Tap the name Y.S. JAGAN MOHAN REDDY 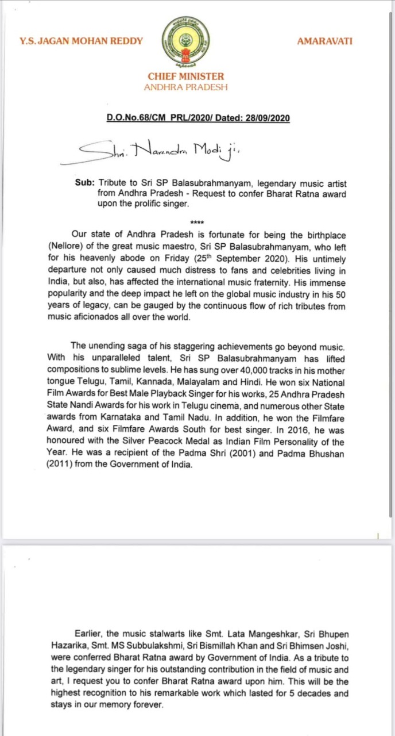(81, 41)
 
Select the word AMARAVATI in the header (325, 41)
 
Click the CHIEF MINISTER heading (185, 76)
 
